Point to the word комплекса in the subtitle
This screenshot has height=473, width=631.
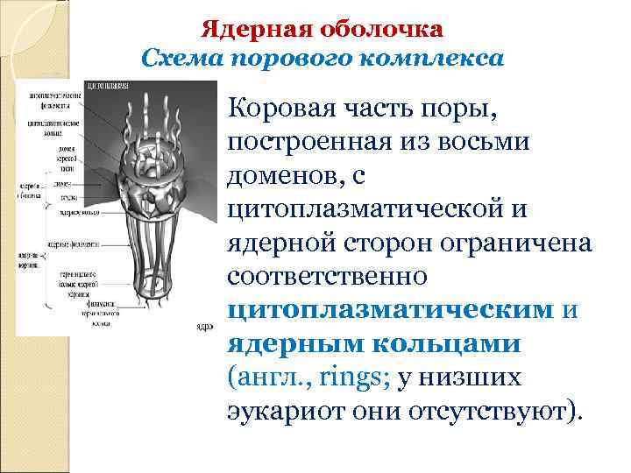(x=440, y=59)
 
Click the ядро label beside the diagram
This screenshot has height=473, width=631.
(x=205, y=328)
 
